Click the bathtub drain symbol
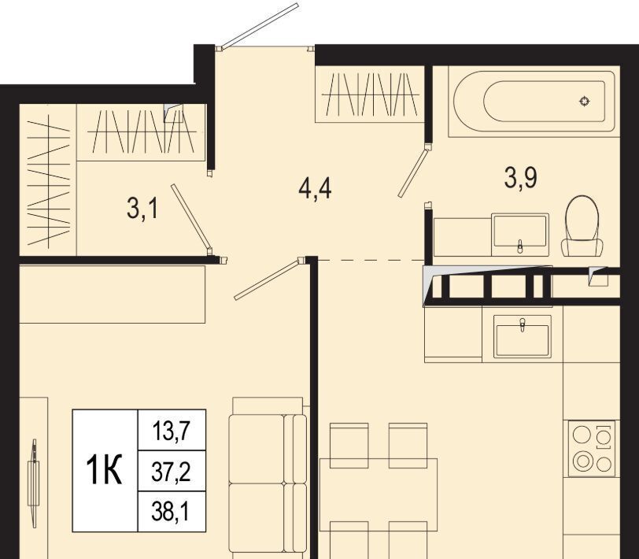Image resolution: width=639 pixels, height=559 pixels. pos(585,101)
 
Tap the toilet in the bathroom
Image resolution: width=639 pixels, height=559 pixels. pos(582,226)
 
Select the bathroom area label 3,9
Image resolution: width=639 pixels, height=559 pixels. pos(520,178)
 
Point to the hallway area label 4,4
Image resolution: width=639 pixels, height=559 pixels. pos(315,189)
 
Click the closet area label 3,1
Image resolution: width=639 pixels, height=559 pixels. pos(142,209)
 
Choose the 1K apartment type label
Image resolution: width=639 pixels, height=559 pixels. pos(104,470)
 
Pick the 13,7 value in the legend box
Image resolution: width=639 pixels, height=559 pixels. pos(172,431)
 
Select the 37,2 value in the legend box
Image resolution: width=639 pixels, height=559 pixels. pos(172,472)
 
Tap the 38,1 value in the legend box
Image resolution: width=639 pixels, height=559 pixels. pos(171,511)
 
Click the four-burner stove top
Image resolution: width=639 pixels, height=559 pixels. pos(592,449)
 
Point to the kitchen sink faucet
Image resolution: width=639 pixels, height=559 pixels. pos(523,324)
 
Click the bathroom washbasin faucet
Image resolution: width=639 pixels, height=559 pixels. pos(519,246)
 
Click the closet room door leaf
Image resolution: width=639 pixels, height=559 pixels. pos(191,217)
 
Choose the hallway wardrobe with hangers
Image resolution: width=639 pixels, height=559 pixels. pos(370,94)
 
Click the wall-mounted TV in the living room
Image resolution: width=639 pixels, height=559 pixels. pos(33,483)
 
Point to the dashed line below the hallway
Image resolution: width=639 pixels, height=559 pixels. pos(371,260)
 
